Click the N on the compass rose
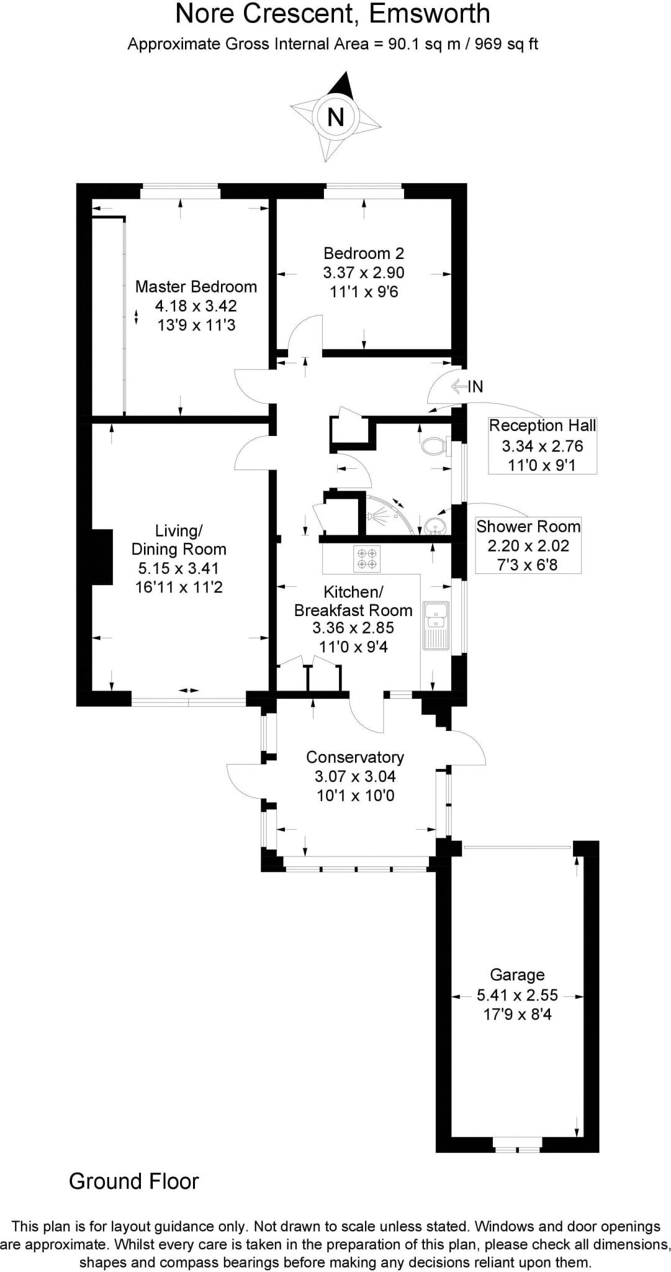point(335,117)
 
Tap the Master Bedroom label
point(196,287)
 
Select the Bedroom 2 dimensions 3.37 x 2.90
point(364,273)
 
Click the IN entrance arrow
point(467,387)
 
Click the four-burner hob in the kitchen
point(366,558)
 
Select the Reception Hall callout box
point(543,445)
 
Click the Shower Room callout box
point(528,545)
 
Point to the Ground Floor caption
point(133,1181)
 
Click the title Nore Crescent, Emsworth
point(333,14)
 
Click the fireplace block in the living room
point(102,557)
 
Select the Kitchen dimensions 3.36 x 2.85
point(353,628)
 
